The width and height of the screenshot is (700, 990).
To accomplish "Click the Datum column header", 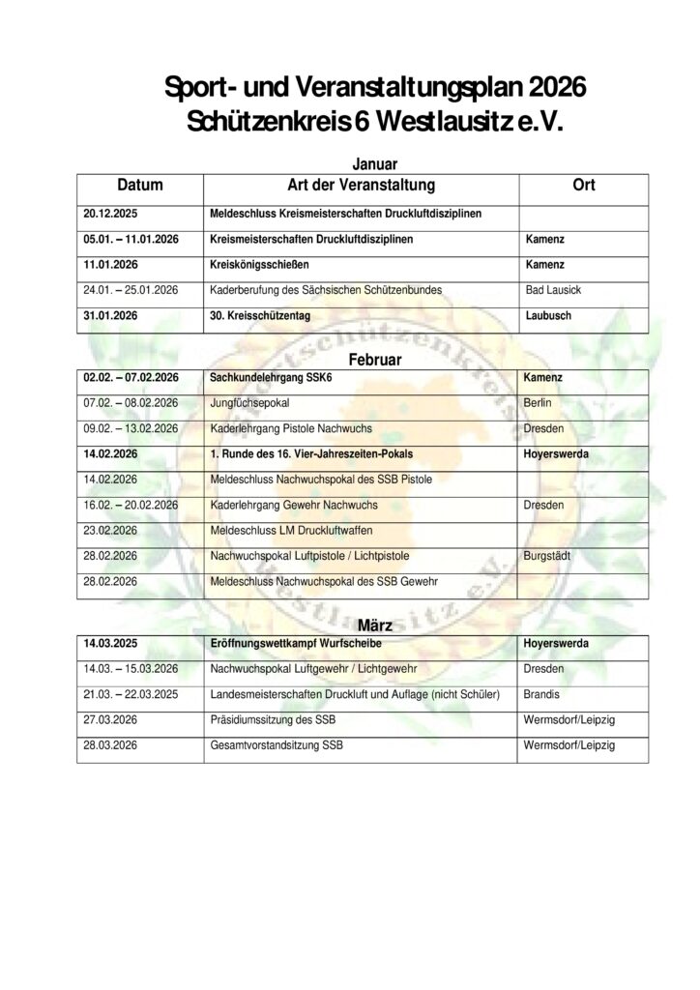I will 140,185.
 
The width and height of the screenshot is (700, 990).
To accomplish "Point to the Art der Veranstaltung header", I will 362,185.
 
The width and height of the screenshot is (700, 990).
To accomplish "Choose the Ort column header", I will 584,185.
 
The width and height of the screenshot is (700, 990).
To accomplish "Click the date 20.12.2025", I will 113,213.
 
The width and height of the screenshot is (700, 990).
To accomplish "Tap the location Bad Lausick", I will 553,289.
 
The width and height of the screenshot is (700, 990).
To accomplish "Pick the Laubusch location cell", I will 547,315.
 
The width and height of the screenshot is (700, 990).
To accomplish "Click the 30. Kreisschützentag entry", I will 260,315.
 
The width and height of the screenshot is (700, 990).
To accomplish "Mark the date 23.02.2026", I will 112,530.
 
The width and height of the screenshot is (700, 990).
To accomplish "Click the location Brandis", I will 540,694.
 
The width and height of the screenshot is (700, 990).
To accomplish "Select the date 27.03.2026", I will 112,719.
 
